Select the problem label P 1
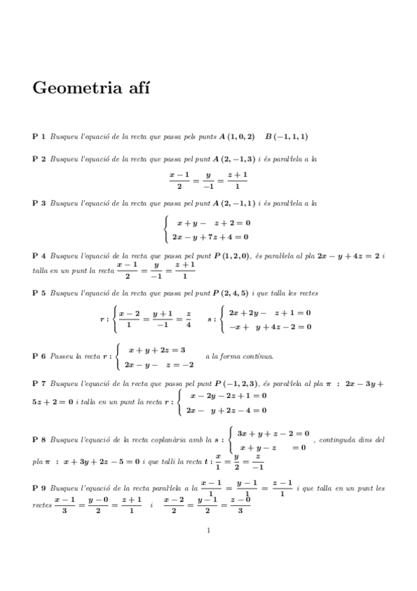[39, 137]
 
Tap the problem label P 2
[39, 160]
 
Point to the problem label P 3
[39, 204]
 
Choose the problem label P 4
[39, 256]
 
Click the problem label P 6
[39, 356]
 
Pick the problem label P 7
[39, 383]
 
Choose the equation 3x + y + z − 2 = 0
[273, 433]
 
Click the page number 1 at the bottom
[208, 531]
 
